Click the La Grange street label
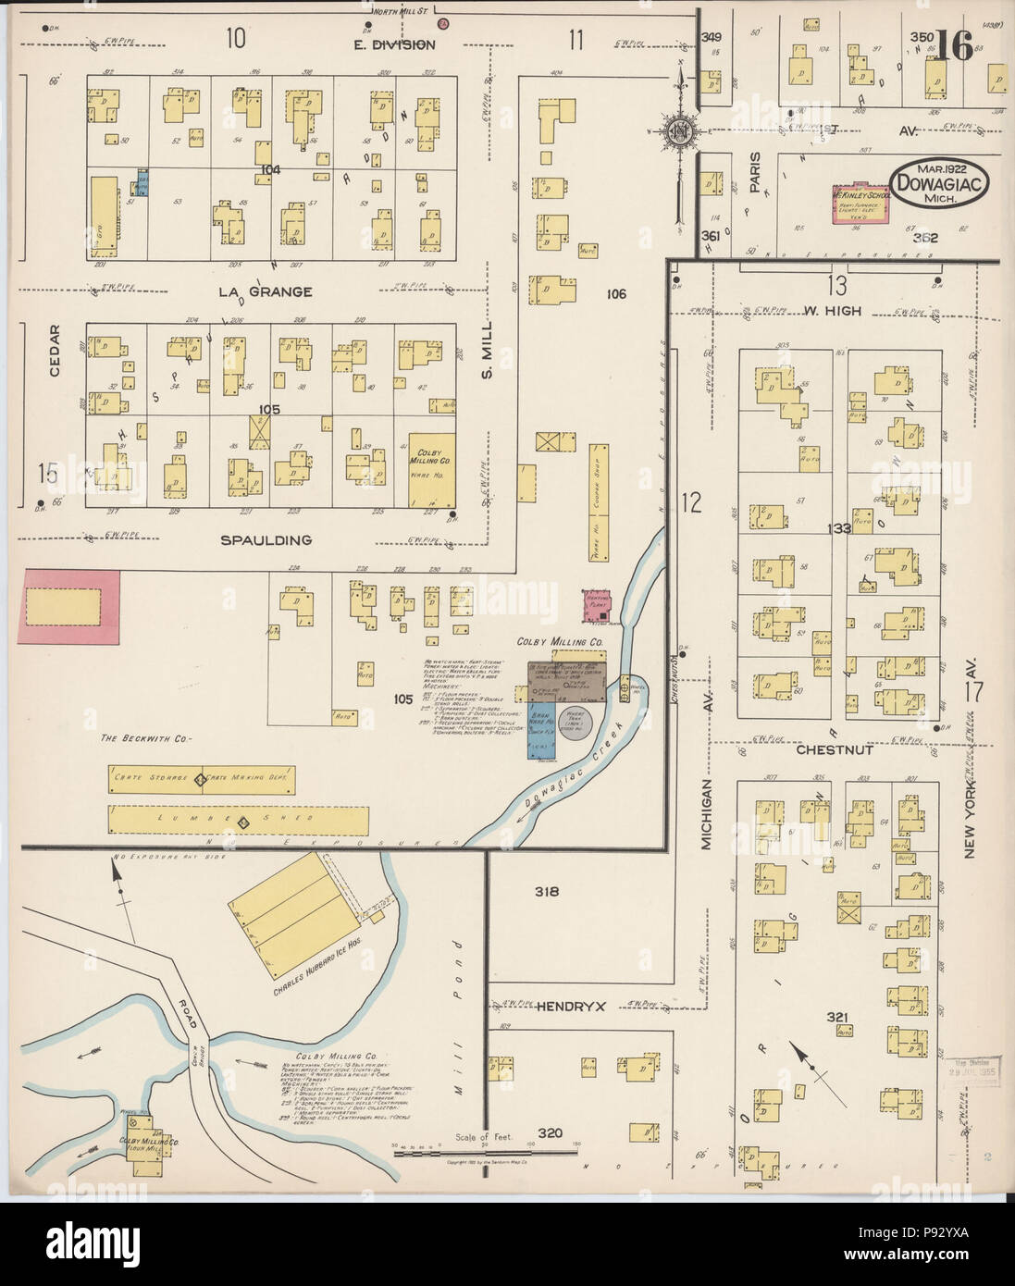(265, 292)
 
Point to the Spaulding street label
(266, 539)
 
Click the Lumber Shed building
(239, 821)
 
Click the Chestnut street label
(836, 750)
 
